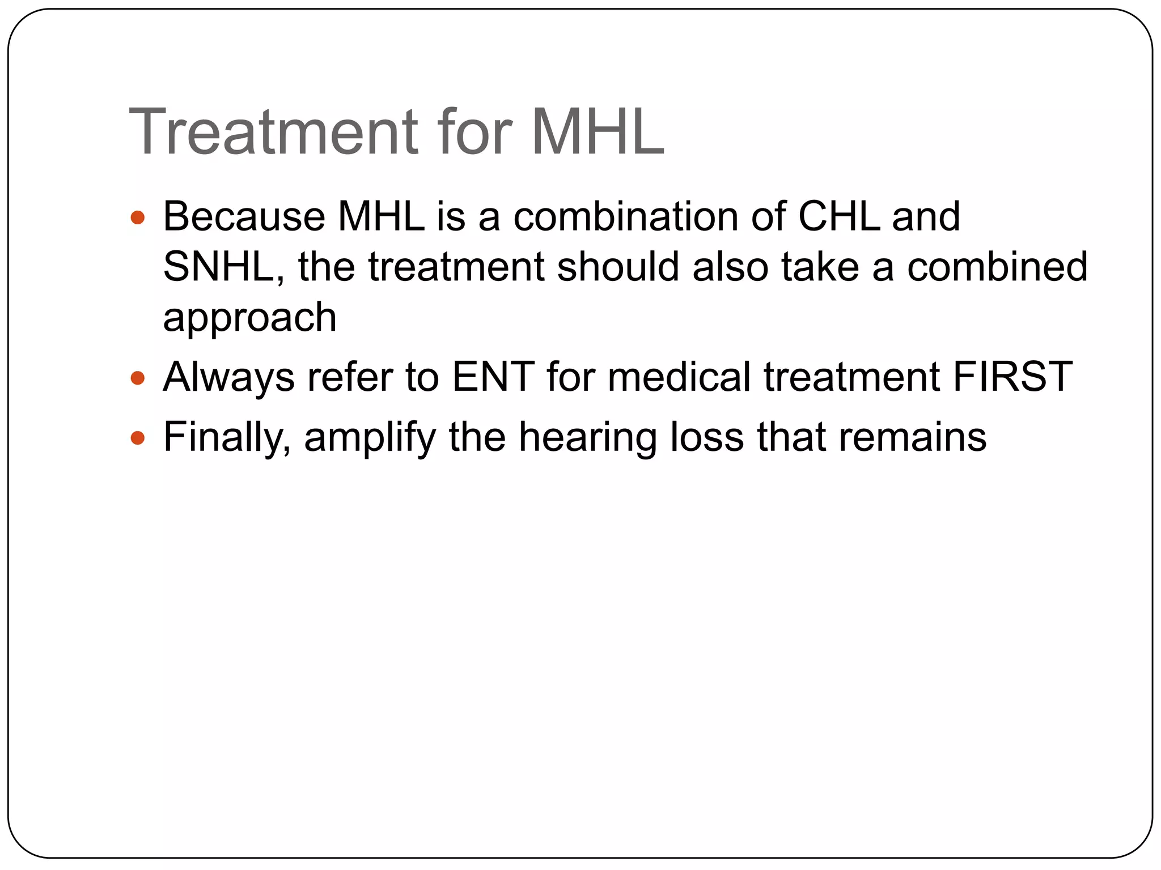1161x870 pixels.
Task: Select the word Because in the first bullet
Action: tap(244, 216)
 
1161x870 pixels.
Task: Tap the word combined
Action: tap(997, 267)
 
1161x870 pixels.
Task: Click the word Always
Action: tap(228, 377)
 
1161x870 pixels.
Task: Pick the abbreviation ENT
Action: tap(493, 377)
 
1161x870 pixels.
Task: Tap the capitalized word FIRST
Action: tap(1012, 377)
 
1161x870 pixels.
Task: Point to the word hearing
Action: tap(588, 437)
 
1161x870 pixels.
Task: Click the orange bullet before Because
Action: tap(138, 217)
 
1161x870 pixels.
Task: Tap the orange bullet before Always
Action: tap(138, 378)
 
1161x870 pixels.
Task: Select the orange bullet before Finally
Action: tap(138, 438)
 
